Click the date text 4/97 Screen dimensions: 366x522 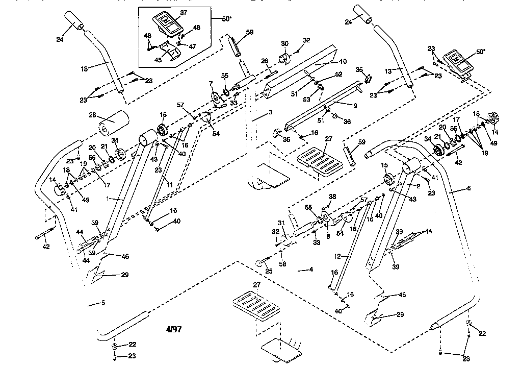[173, 329]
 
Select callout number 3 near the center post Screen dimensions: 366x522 [271, 111]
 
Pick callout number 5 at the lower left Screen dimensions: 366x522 [103, 303]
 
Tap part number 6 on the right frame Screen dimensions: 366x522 [468, 188]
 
